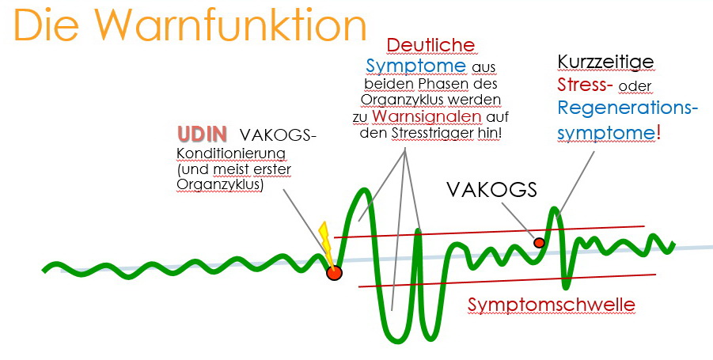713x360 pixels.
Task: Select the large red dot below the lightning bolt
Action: (334, 273)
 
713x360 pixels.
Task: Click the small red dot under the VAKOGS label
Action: (539, 242)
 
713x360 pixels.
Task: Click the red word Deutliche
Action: (430, 45)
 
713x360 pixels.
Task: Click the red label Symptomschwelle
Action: (552, 304)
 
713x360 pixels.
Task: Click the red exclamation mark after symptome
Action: (658, 131)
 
